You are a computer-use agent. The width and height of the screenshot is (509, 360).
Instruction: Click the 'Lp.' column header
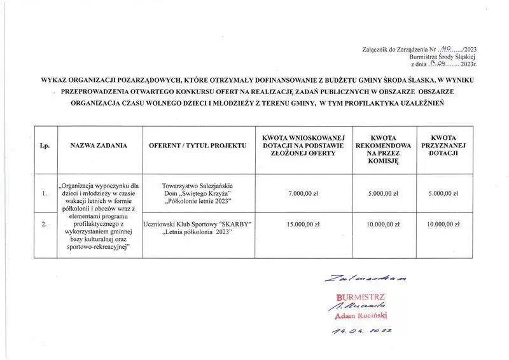pos(45,146)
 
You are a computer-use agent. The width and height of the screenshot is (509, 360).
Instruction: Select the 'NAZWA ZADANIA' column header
pos(99,146)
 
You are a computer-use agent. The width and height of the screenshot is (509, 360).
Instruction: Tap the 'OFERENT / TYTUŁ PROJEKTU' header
pos(197,146)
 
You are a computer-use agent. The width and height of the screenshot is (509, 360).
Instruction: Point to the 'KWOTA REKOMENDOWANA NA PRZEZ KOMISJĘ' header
pos(384,149)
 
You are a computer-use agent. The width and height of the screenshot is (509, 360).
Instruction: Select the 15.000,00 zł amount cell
pos(303,224)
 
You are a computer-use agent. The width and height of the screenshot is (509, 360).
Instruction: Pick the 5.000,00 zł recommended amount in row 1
pos(384,193)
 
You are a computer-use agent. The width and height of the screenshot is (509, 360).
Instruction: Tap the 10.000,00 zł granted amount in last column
pos(443,224)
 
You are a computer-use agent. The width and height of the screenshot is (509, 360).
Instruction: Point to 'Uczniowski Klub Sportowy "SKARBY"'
pos(197,224)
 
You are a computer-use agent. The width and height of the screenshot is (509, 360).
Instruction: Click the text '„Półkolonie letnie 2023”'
pos(197,202)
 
